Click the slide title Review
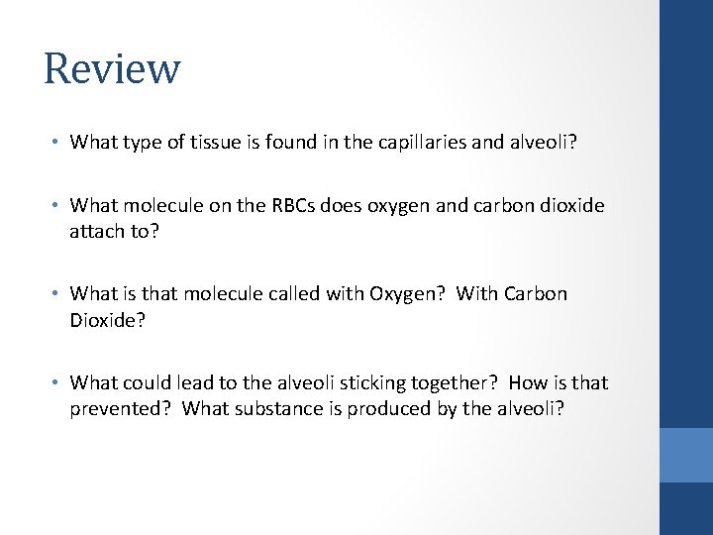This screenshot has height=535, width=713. pyautogui.click(x=112, y=69)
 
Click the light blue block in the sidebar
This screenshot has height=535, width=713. pyautogui.click(x=686, y=455)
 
